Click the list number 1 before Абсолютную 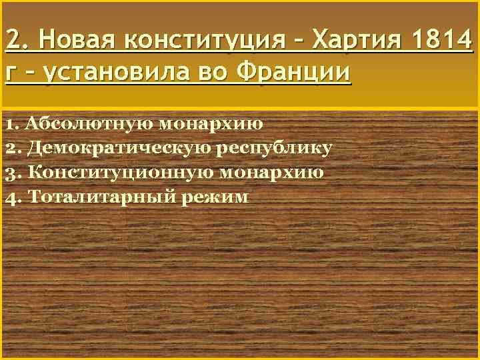point(9,123)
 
